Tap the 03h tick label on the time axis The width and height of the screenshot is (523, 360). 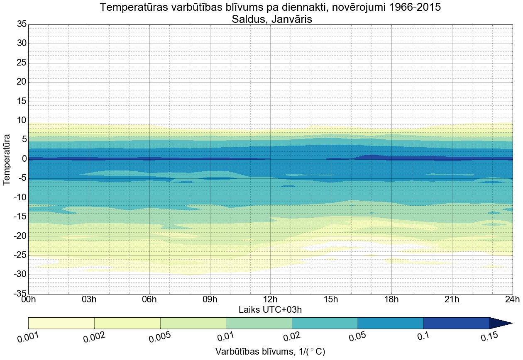89,300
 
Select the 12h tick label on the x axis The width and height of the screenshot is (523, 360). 270,300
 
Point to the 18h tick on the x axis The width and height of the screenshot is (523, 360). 391,300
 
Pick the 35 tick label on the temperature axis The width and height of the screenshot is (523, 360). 22,24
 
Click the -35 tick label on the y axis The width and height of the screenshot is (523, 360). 19,294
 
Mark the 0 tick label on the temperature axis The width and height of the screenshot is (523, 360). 24,159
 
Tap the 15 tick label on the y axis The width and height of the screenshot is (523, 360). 22,102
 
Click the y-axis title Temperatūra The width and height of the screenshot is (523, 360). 7,159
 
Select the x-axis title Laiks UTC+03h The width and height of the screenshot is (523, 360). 270,310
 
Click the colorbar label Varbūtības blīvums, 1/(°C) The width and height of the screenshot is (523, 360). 270,352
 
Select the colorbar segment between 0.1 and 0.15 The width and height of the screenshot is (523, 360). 456,323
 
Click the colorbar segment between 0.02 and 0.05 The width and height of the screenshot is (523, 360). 325,323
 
